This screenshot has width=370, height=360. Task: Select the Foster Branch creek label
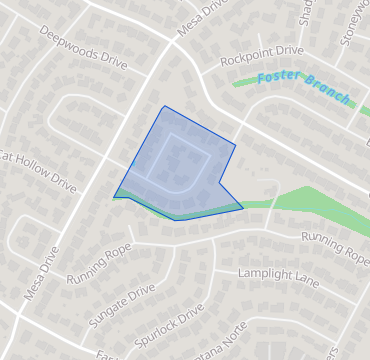pyautogui.click(x=304, y=88)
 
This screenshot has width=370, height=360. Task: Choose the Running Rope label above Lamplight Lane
pyautogui.click(x=335, y=247)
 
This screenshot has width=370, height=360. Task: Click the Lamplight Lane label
pyautogui.click(x=278, y=277)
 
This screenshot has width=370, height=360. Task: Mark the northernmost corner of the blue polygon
pyautogui.click(x=163, y=106)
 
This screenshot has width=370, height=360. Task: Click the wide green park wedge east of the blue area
pyautogui.click(x=310, y=200)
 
